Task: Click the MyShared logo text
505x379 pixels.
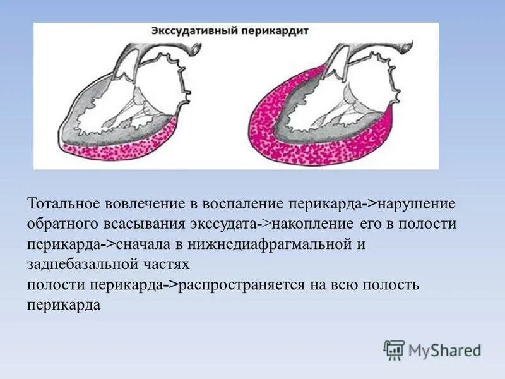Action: [x=444, y=349]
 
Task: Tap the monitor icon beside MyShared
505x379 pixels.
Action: [x=395, y=349]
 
